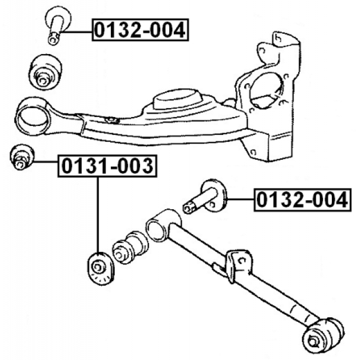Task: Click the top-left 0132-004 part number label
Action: click(140, 30)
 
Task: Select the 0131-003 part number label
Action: click(107, 166)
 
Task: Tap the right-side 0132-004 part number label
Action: click(303, 200)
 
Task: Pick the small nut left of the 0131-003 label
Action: click(21, 157)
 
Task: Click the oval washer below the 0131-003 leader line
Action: click(100, 269)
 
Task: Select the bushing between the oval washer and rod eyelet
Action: click(129, 246)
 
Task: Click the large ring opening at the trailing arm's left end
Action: click(33, 117)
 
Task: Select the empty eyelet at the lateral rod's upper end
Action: click(156, 229)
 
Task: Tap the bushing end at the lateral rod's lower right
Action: click(322, 335)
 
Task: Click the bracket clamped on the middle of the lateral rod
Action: click(238, 265)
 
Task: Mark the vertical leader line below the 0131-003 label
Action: click(98, 215)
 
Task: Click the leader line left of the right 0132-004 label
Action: click(240, 200)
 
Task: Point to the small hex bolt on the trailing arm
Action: click(111, 120)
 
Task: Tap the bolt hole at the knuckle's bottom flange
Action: click(253, 152)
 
